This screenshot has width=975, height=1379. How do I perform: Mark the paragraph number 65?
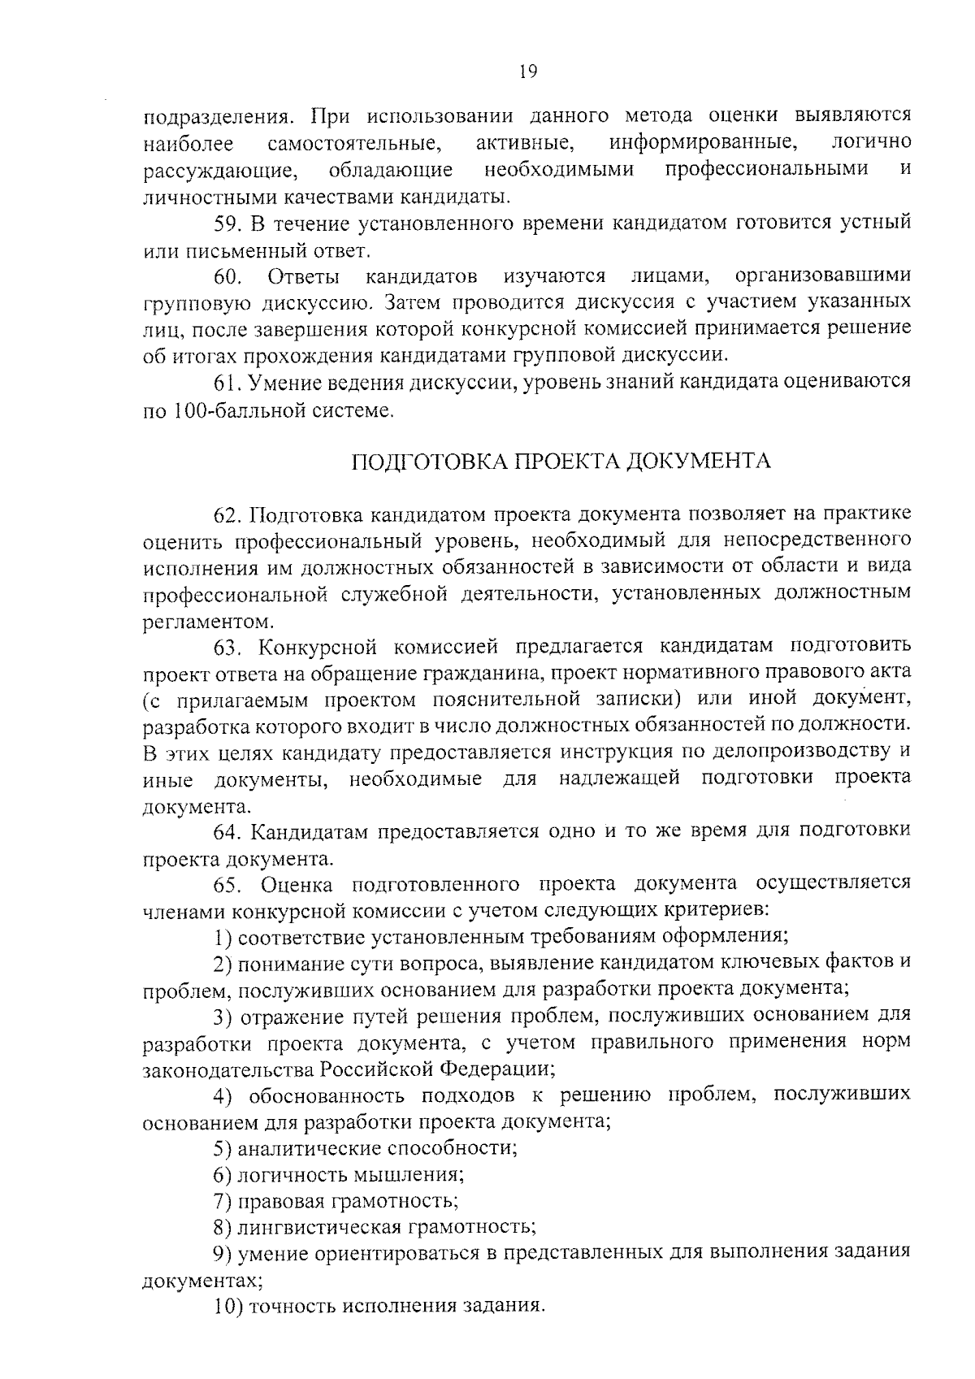click(227, 884)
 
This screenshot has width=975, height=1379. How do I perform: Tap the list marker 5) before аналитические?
click(223, 1148)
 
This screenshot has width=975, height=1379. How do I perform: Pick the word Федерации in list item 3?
click(497, 1068)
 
